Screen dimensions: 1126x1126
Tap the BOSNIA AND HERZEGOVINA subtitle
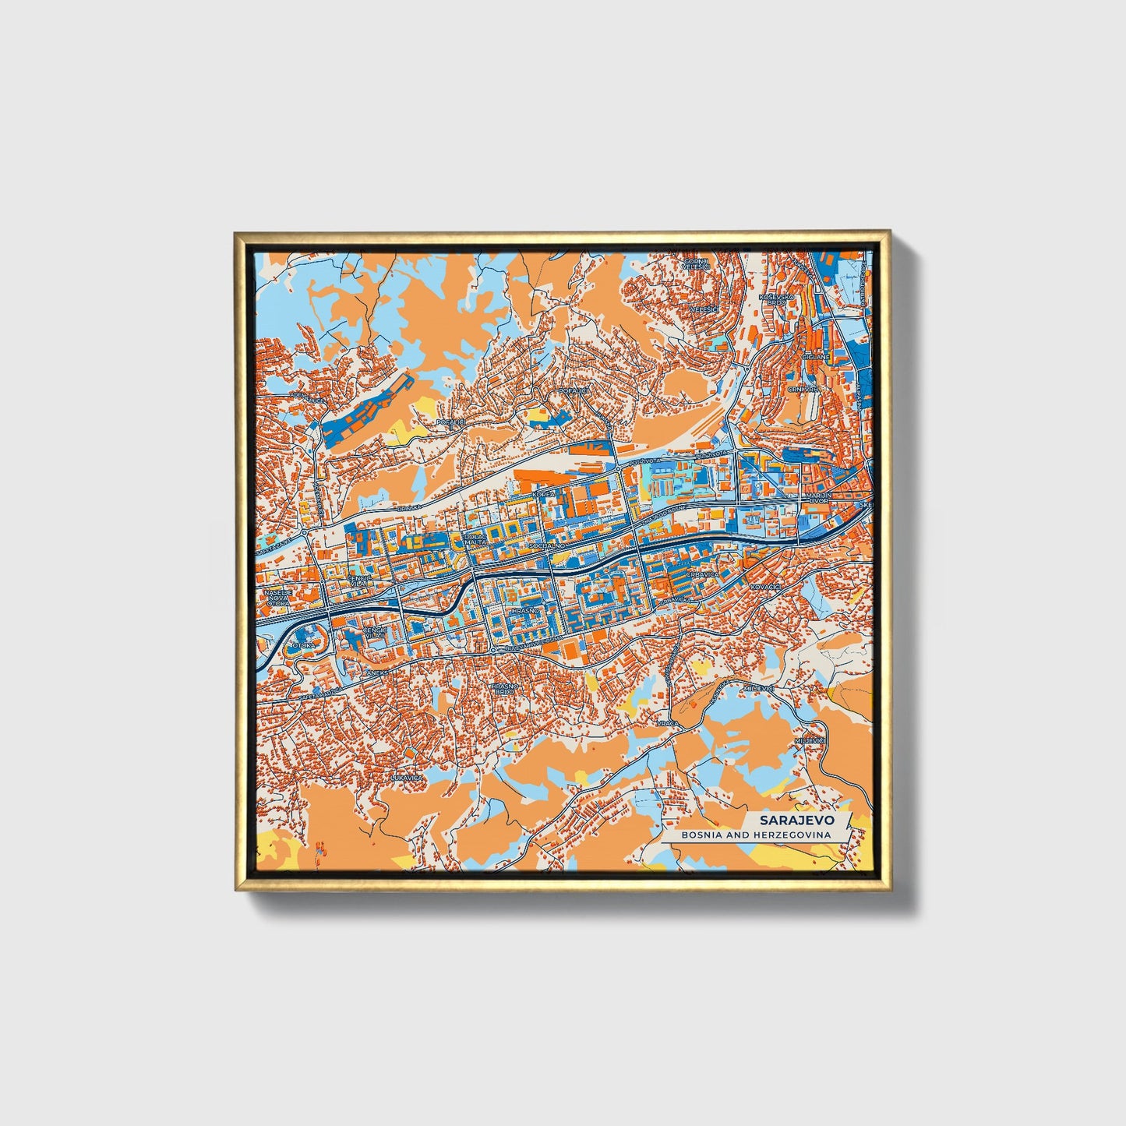(x=754, y=835)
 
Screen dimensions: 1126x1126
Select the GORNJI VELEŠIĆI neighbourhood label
(x=690, y=263)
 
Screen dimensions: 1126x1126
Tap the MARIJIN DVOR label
(x=820, y=497)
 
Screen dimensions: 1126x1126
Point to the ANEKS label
(x=377, y=672)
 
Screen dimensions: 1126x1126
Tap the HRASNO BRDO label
(x=503, y=689)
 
